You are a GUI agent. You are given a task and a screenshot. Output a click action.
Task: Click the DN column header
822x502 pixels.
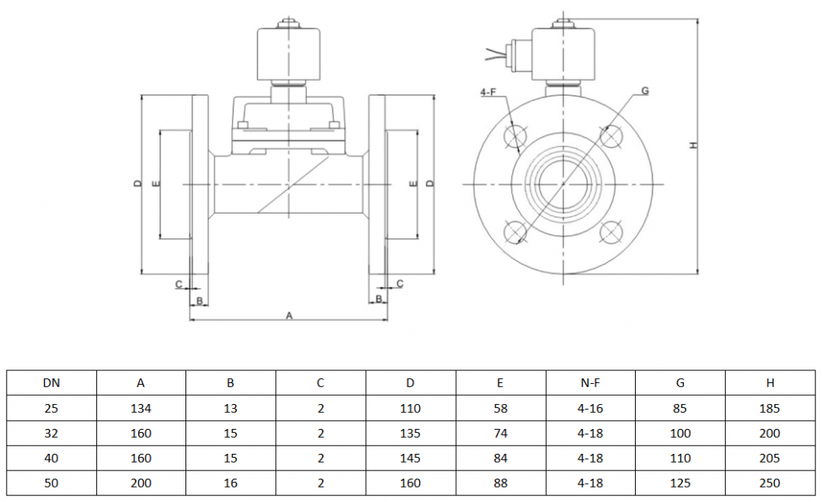(51, 383)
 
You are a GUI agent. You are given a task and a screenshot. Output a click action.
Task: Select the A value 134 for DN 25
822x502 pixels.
(141, 408)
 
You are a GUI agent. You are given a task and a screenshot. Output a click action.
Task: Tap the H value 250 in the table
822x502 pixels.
(769, 484)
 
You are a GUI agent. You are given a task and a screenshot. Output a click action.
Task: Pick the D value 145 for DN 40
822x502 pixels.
(410, 459)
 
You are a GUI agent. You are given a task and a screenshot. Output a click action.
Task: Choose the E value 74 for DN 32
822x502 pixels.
(501, 434)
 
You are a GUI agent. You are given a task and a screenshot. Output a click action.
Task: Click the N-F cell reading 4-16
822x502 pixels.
(591, 408)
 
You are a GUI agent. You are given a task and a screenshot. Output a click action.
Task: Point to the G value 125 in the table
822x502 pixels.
(680, 484)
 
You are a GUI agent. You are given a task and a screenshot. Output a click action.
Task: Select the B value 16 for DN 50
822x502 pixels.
(230, 484)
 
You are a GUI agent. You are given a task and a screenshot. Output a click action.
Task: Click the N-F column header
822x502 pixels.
(591, 383)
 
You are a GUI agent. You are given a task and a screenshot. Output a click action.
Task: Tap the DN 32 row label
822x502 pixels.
(51, 434)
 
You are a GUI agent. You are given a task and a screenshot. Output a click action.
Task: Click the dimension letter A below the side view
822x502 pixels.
(289, 316)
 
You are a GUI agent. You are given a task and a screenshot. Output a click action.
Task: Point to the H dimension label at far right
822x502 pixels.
(693, 145)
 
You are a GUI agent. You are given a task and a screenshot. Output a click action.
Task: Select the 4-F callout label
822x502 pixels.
(488, 93)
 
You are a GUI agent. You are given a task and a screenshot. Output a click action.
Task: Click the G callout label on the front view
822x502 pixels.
(645, 91)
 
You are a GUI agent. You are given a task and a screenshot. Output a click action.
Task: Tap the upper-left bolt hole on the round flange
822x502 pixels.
(515, 137)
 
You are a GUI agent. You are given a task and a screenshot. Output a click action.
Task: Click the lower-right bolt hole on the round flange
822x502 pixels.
(612, 233)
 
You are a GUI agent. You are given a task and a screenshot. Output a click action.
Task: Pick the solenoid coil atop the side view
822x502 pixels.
(288, 54)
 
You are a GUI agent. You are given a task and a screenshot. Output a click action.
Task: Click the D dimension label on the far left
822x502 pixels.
(137, 184)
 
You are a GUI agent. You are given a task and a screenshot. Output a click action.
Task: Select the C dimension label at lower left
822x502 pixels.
(178, 284)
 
